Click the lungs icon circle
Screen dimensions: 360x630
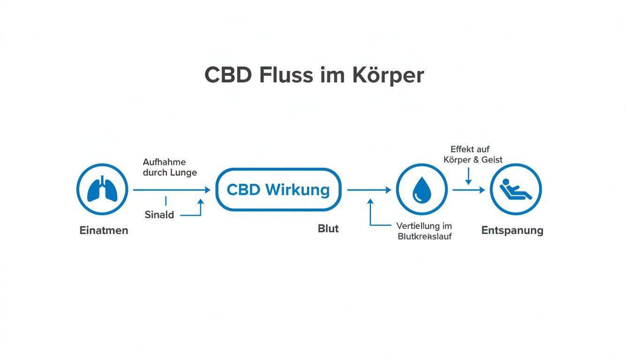tap(102, 190)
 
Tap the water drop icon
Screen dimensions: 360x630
tap(421, 190)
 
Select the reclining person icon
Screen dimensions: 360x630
tap(516, 190)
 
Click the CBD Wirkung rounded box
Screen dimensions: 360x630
tap(278, 190)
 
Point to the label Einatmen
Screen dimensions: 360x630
tap(104, 231)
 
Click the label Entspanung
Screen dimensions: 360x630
tap(512, 231)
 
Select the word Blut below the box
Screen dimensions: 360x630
tap(328, 229)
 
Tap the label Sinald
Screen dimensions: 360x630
tap(159, 215)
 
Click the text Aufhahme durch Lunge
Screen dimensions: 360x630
tap(169, 167)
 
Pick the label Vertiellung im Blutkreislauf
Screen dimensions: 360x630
tap(424, 231)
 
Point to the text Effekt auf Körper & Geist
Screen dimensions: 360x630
tap(473, 154)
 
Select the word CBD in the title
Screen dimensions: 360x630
tap(227, 76)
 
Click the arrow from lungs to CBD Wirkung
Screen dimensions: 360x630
tap(172, 190)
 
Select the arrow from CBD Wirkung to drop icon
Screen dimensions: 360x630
tap(368, 190)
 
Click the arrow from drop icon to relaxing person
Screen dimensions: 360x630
tap(468, 190)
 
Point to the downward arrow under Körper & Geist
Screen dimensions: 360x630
tap(468, 176)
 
